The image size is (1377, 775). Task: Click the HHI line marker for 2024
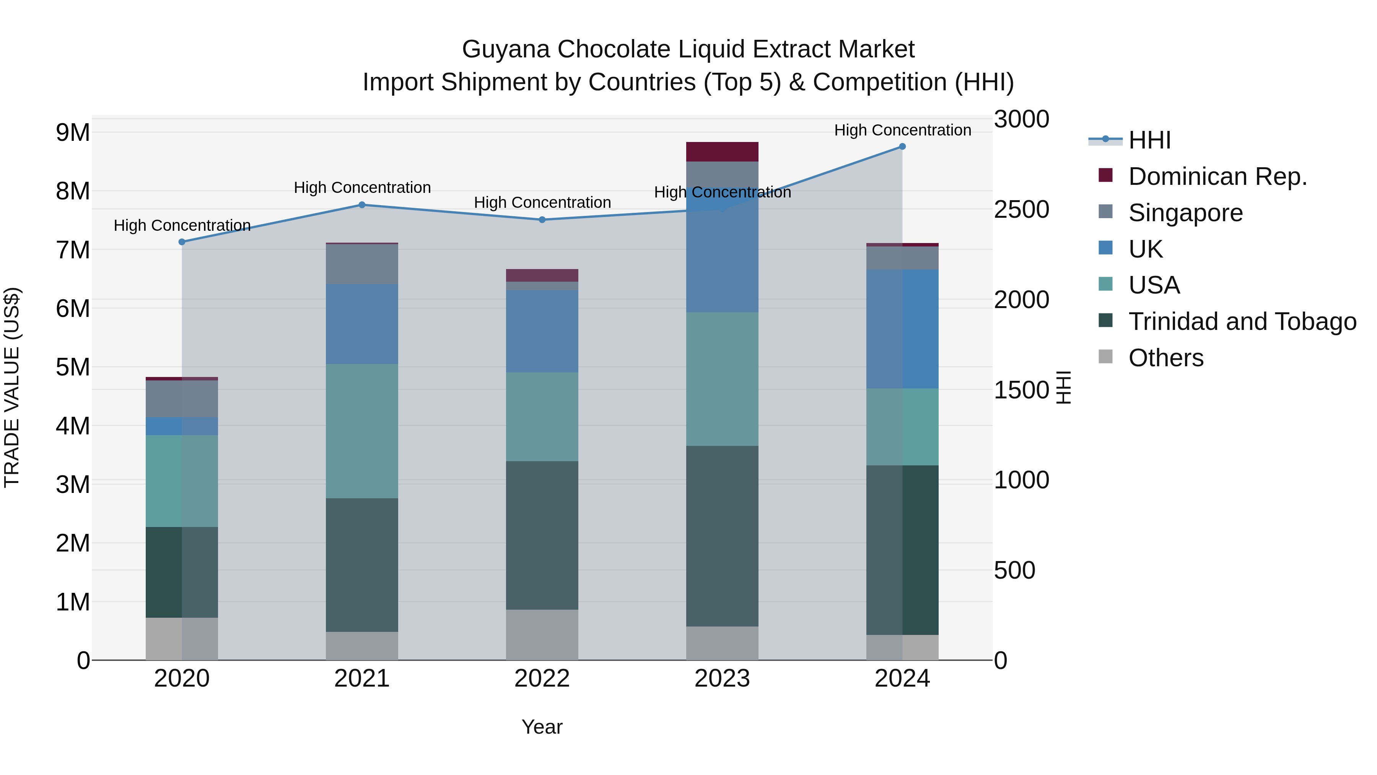tap(902, 147)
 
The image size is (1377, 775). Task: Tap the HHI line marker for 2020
tap(182, 242)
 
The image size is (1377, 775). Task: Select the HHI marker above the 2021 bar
tap(362, 205)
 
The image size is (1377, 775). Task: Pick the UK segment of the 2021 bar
tap(362, 324)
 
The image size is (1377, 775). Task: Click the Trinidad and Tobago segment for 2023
tap(722, 536)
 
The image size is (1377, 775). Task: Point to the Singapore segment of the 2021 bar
tap(362, 264)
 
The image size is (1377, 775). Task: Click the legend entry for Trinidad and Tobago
tap(1242, 321)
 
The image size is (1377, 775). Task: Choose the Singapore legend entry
tap(1185, 213)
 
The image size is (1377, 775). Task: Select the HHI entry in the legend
tap(1149, 140)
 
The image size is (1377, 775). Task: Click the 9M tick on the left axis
tap(73, 132)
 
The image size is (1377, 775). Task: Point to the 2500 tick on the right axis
tap(1021, 210)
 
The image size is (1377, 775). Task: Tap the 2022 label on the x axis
tap(542, 679)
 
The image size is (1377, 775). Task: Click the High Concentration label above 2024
tap(902, 130)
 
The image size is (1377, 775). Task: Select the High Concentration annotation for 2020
tap(182, 225)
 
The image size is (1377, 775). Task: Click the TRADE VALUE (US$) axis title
tap(12, 387)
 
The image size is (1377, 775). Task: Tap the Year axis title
tap(542, 727)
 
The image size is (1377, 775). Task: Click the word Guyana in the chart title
tap(506, 49)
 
